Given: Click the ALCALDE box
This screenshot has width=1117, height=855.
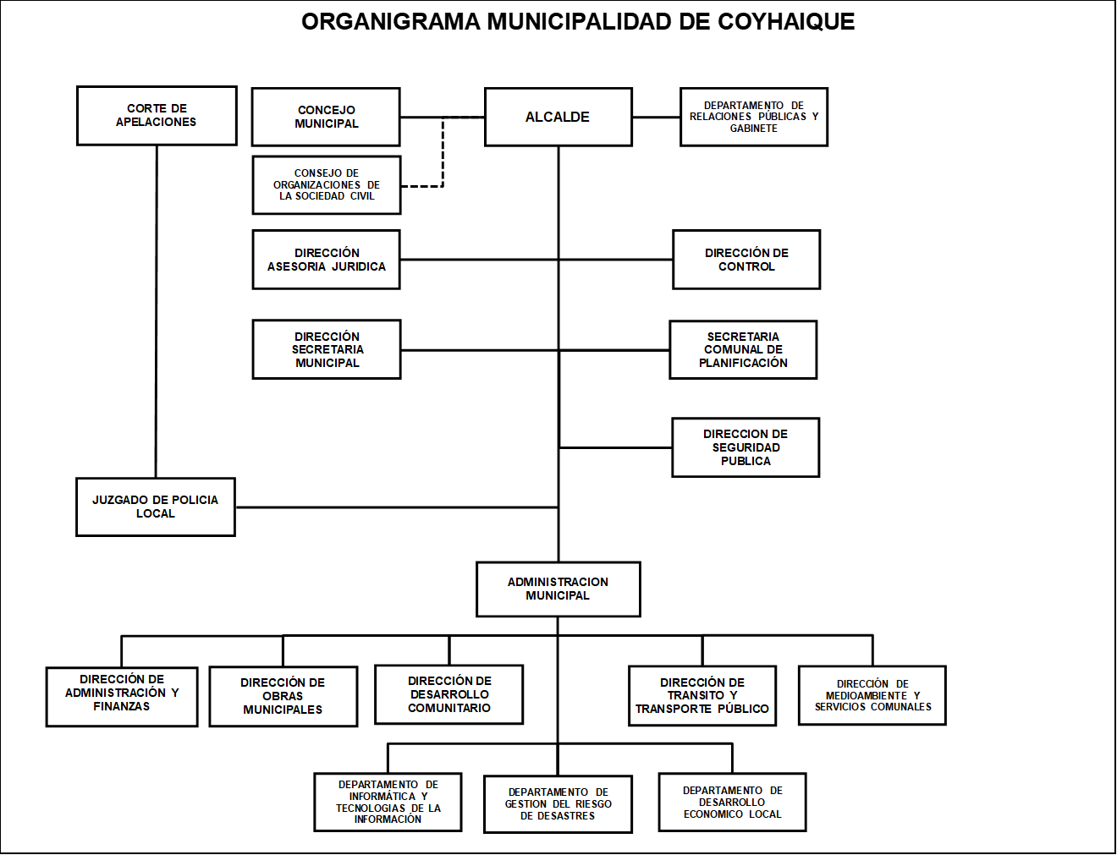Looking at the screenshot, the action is point(558,117).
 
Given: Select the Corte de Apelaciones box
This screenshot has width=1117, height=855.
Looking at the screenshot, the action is point(157,116).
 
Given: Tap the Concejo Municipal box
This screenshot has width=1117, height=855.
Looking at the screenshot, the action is point(326,117).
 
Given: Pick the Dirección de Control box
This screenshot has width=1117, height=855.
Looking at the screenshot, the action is point(746,260).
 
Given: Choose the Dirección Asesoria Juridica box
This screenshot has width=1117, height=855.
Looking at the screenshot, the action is point(326,260).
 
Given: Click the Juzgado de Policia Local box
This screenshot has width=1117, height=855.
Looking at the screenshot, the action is point(156,507).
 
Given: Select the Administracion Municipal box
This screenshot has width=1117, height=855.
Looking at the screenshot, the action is point(558,589).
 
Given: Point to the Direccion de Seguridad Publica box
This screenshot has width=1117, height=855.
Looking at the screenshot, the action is point(746,447).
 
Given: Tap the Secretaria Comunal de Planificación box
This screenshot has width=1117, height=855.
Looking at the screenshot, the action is point(743,350).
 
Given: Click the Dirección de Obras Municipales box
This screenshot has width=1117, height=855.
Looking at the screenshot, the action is point(283,696).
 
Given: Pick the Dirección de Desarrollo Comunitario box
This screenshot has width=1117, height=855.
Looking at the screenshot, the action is point(448,694).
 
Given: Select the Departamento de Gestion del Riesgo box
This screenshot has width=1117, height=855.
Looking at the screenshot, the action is point(558,804).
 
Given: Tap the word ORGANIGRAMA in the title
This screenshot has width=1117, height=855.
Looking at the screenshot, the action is point(391,22).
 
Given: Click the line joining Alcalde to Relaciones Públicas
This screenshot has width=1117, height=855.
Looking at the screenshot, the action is point(657,117).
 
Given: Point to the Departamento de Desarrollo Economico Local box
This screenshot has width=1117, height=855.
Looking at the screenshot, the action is point(732,802).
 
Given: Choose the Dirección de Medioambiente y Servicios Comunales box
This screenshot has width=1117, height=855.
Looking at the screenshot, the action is point(872,695).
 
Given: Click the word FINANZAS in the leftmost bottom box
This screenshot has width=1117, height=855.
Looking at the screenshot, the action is point(121,707).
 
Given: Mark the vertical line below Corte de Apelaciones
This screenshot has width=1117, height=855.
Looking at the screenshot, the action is point(157,312).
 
